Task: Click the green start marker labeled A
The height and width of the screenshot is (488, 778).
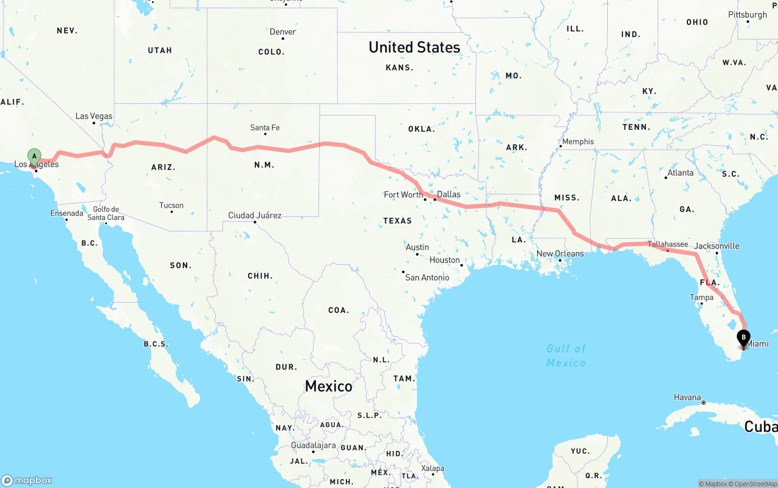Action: [35, 157]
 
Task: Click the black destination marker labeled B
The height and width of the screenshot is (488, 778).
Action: [743, 338]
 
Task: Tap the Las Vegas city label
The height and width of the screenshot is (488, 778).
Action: [94, 116]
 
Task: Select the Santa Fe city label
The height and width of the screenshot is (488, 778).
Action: [265, 128]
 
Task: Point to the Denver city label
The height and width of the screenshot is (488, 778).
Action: [283, 32]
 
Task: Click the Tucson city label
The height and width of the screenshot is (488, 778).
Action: [171, 205]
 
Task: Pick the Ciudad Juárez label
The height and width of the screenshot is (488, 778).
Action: [255, 215]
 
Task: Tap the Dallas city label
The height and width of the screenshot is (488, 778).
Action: [449, 194]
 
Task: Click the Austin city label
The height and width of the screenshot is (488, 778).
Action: [418, 247]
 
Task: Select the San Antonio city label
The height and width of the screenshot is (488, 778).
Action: [427, 278]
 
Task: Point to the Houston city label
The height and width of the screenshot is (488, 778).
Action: [445, 260]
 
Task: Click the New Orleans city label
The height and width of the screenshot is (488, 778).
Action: [560, 254]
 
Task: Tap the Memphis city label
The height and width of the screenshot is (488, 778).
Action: [578, 142]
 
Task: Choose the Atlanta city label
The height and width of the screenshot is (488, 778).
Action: [680, 173]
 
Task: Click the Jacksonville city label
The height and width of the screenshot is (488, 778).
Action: [717, 246]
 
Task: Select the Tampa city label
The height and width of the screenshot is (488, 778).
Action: [701, 297]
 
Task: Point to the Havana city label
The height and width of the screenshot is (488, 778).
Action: [687, 397]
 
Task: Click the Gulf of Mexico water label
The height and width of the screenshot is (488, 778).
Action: [566, 356]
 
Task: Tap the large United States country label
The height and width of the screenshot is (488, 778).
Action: [414, 47]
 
